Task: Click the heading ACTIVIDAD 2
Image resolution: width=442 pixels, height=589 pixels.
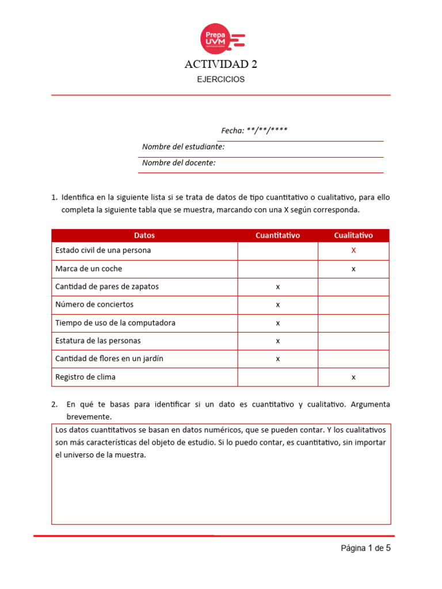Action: coord(220,64)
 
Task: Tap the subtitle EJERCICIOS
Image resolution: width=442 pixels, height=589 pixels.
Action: coord(220,79)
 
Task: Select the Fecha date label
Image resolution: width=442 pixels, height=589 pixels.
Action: coord(254,131)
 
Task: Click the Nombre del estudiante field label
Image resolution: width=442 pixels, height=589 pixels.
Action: coord(183,147)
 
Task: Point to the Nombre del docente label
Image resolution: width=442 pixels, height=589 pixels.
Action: coord(178,163)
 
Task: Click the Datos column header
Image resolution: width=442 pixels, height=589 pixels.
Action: coord(144,235)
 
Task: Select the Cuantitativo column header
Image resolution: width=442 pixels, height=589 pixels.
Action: coord(277,235)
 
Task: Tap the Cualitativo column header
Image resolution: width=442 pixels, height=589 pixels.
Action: coord(353,235)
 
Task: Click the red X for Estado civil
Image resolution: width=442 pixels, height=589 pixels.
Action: coord(353,251)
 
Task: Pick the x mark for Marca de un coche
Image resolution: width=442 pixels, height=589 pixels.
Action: coord(353,269)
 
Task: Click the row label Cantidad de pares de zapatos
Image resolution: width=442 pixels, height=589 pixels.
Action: coord(106,286)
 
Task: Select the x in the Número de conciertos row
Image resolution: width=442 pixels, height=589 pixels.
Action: coord(277,304)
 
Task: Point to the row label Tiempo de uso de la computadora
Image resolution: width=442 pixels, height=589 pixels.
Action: coord(115,323)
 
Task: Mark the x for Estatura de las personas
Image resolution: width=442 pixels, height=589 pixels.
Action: coord(277,341)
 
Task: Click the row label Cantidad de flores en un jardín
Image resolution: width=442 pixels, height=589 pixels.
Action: coord(109,358)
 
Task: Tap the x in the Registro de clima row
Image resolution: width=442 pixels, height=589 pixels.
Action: coord(353,377)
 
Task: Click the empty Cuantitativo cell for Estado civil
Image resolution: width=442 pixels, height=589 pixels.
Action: coord(277,251)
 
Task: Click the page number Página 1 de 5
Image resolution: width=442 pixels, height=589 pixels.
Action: coord(365,548)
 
